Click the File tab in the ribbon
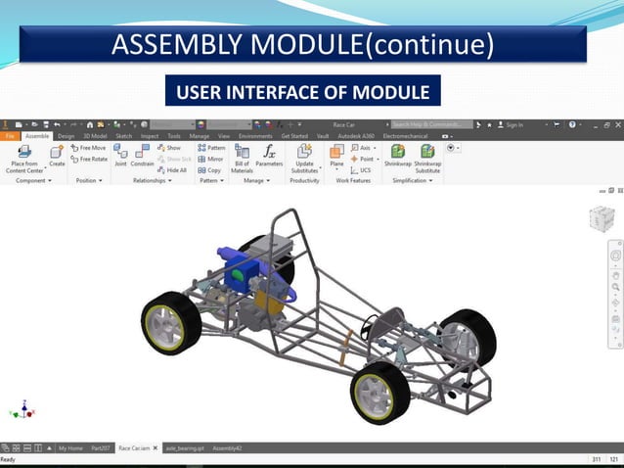pyautogui.click(x=9, y=136)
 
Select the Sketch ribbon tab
pyautogui.click(x=124, y=136)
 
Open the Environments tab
pyautogui.click(x=255, y=136)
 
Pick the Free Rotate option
pyautogui.click(x=89, y=159)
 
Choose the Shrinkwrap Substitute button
pyautogui.click(x=427, y=158)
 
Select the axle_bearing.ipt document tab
pyautogui.click(x=184, y=447)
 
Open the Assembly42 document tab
pyautogui.click(x=227, y=447)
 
